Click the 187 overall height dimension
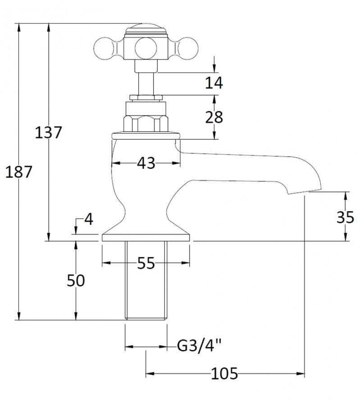18,172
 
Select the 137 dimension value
48,132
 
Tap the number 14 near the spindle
214,82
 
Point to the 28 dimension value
214,117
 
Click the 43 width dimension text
146,163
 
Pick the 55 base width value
146,263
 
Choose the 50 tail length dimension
76,281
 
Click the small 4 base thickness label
88,219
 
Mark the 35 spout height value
345,218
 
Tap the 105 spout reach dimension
224,374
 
